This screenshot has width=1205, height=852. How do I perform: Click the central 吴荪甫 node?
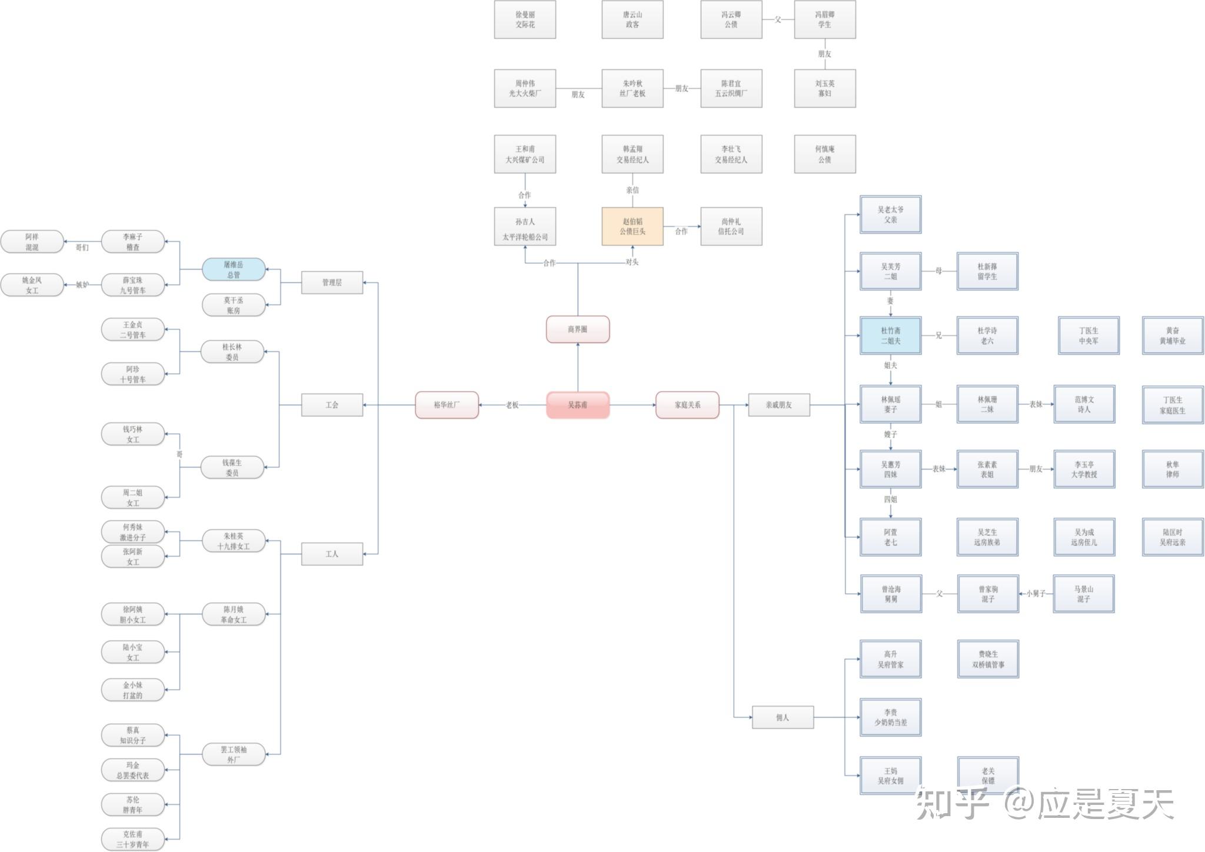tap(577, 405)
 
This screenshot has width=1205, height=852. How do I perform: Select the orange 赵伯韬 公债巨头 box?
tap(633, 227)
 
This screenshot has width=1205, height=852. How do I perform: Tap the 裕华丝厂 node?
tap(447, 405)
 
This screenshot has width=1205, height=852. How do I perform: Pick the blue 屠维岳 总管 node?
tap(234, 269)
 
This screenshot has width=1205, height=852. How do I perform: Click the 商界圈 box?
tap(577, 329)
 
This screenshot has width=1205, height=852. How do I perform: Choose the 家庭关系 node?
tap(687, 405)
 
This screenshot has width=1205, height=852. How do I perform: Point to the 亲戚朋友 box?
tap(778, 405)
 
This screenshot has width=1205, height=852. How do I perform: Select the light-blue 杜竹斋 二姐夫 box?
tap(890, 335)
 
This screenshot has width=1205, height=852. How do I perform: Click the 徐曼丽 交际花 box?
tap(525, 19)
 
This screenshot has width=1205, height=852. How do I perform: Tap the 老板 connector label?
tap(512, 405)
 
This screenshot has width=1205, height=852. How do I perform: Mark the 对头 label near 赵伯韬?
tap(632, 262)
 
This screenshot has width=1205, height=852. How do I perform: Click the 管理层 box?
tap(332, 282)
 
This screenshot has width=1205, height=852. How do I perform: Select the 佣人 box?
tap(783, 717)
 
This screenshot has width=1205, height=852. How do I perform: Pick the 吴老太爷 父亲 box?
tap(890, 214)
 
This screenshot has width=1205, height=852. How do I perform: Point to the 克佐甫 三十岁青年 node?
tap(133, 839)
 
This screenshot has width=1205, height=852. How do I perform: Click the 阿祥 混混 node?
tap(32, 242)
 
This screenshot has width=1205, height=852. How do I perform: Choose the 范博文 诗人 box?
tap(1084, 404)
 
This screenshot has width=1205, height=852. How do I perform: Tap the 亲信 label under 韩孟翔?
tap(633, 190)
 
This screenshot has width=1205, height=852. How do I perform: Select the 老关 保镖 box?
tap(988, 776)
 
